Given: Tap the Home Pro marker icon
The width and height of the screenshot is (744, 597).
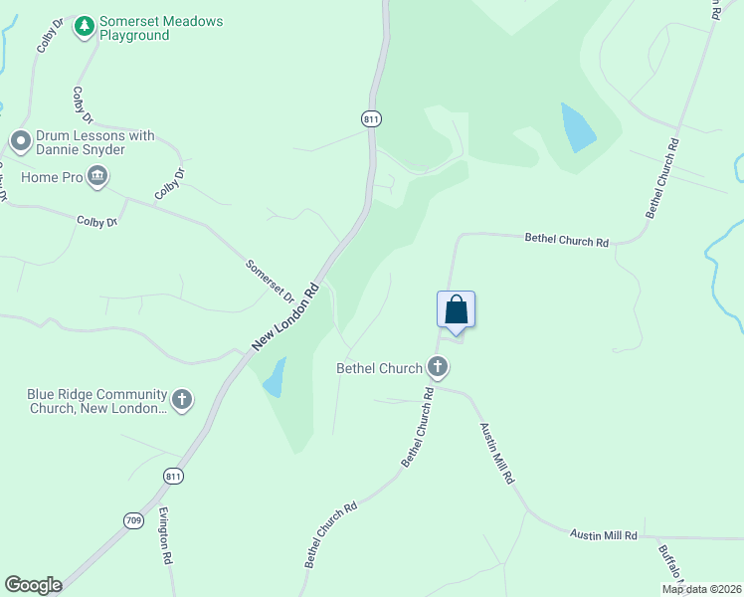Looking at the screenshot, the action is click(x=97, y=178).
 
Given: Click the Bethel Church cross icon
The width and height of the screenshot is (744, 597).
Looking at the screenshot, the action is click(x=437, y=368).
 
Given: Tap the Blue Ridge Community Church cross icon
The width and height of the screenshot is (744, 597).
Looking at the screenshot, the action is click(x=181, y=400).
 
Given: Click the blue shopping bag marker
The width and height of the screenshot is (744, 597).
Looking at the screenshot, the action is click(x=456, y=309).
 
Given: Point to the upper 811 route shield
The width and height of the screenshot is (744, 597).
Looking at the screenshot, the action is click(x=371, y=118).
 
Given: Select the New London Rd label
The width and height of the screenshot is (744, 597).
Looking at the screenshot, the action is click(x=285, y=315).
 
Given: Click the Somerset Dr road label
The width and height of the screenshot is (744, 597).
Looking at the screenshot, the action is click(x=271, y=282).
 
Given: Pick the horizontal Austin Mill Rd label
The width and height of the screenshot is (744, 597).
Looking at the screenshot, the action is click(x=603, y=535).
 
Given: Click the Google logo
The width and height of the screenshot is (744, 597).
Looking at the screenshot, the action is click(x=33, y=585).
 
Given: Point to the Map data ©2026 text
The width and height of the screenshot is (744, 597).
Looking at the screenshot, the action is click(x=701, y=589).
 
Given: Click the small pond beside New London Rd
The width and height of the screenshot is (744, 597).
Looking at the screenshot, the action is click(x=275, y=378).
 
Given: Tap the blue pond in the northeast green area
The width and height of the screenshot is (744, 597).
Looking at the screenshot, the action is click(x=578, y=127).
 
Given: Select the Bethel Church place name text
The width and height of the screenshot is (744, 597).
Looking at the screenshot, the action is click(x=380, y=368).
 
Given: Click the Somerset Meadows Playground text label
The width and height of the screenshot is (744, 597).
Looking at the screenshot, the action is click(x=160, y=29).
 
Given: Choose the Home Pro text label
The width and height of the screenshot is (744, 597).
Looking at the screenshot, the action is click(x=54, y=178).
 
